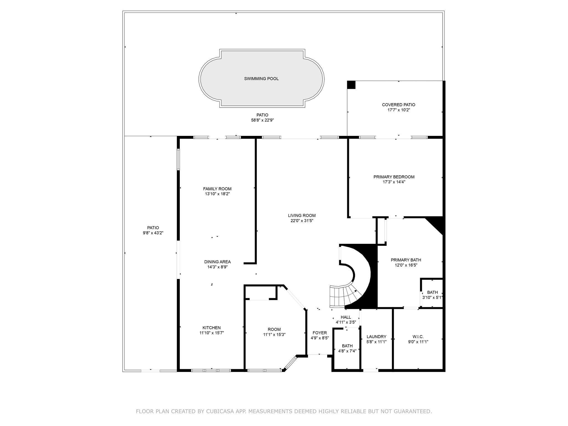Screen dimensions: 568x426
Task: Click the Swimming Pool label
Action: [x=261, y=79]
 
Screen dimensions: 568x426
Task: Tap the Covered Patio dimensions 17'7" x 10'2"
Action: [x=399, y=110]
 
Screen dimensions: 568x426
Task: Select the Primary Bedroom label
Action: [x=394, y=177]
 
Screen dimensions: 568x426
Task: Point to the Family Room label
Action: [x=217, y=189]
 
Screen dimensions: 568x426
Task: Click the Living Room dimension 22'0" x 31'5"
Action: [x=302, y=221]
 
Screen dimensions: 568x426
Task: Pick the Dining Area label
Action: [x=217, y=262]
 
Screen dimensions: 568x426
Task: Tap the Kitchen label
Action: [x=212, y=328]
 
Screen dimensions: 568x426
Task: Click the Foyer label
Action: [x=320, y=333]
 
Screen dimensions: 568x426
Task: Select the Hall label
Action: [x=346, y=317]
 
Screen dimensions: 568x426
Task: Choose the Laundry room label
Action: [x=376, y=337]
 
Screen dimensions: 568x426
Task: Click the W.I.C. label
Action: [x=418, y=337]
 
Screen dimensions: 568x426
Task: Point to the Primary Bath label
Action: [x=406, y=260]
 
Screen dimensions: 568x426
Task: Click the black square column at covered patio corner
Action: [x=351, y=85]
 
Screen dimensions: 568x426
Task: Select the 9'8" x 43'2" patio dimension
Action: [x=153, y=233]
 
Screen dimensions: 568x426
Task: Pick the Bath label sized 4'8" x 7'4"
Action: [x=347, y=346]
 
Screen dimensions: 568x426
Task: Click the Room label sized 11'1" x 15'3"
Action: [x=274, y=329]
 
